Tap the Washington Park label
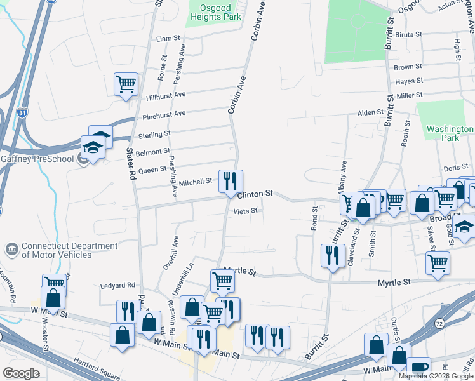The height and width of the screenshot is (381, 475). click(450, 133)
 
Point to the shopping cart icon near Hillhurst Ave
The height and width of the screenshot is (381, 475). click(126, 84)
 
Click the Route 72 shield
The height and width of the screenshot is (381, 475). click(439, 324)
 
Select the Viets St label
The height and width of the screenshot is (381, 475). click(246, 211)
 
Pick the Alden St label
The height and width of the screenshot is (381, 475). click(370, 112)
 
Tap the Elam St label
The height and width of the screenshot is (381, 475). click(168, 39)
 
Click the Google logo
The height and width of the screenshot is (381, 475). click(21, 373)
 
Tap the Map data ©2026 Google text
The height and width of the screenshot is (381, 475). click(436, 376)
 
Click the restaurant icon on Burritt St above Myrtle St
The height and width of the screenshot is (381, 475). click(333, 256)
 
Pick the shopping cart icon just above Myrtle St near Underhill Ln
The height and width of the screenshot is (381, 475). click(222, 280)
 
